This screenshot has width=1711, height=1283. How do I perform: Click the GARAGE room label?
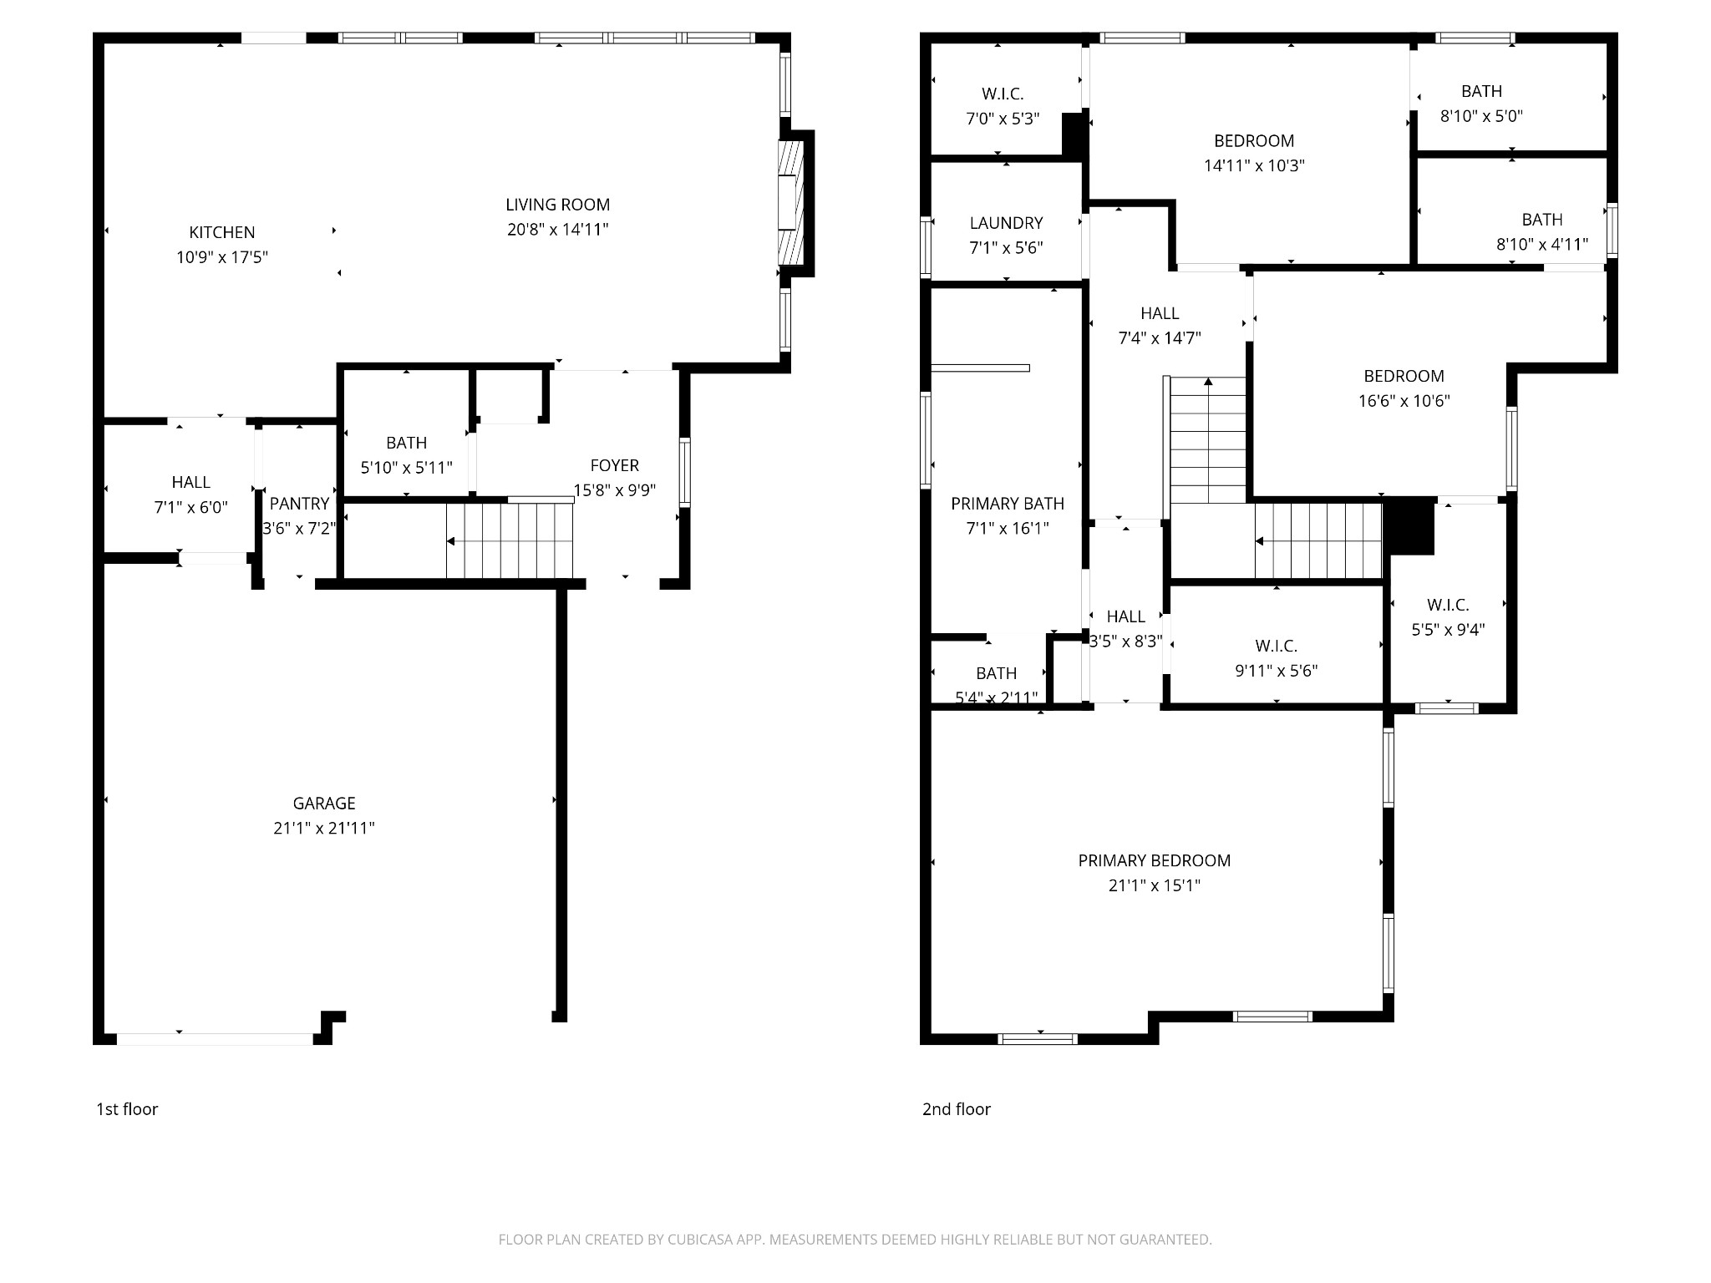(x=324, y=803)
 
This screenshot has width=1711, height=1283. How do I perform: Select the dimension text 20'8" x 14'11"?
(x=557, y=230)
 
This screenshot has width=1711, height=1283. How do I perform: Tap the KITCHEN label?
(x=221, y=232)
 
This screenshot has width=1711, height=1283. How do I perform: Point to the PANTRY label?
(x=299, y=504)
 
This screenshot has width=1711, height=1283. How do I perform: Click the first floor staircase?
(x=510, y=541)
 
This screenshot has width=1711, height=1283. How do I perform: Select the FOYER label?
(x=614, y=465)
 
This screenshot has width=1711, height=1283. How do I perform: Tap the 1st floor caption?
(x=127, y=1109)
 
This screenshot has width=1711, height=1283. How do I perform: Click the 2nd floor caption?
(x=956, y=1109)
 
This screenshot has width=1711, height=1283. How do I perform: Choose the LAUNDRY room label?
(x=1006, y=223)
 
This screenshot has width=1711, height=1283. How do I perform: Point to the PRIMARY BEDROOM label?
(x=1154, y=860)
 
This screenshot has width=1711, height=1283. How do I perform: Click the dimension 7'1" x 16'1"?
(x=1007, y=528)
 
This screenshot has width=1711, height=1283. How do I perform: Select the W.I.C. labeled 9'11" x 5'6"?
(x=1276, y=646)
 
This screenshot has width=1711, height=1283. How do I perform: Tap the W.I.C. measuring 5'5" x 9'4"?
(x=1448, y=605)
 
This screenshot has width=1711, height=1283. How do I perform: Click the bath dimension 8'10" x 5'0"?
(x=1481, y=116)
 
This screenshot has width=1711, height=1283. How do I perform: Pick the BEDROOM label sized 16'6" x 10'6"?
(x=1404, y=376)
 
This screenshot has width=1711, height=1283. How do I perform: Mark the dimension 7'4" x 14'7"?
(x=1160, y=338)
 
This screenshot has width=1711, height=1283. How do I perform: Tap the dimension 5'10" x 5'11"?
(x=406, y=468)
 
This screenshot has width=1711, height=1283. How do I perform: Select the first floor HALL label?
(x=190, y=482)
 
